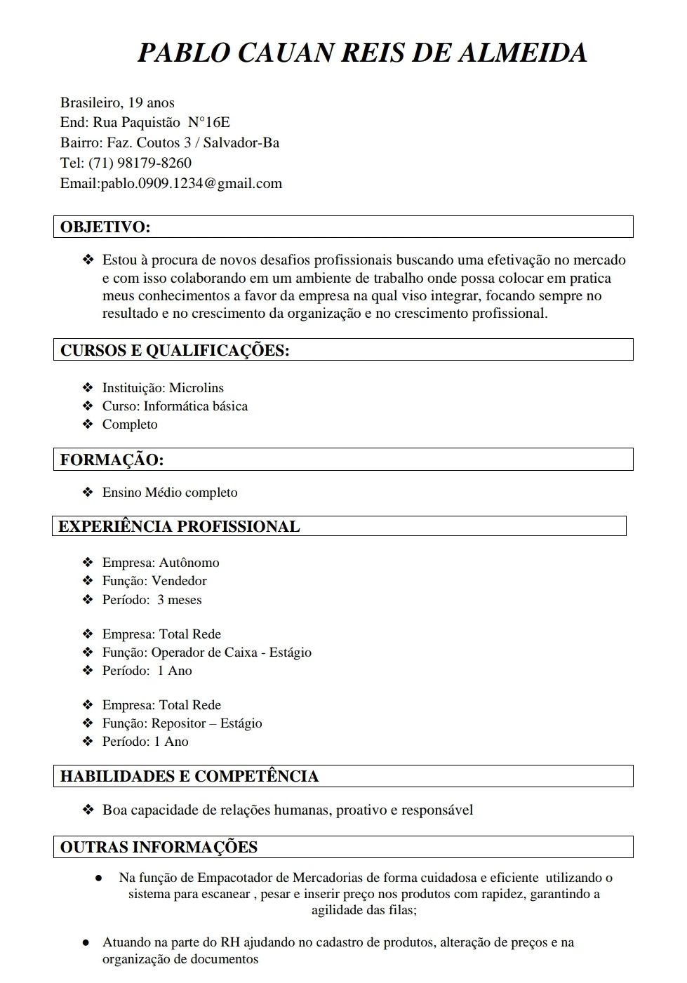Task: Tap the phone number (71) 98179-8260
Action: [x=140, y=163]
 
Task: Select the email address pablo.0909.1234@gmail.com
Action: [x=192, y=184]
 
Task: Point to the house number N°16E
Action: [x=209, y=123]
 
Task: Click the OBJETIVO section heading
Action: [x=105, y=227]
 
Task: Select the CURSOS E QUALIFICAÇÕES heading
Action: [x=175, y=351]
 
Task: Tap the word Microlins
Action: [x=196, y=388]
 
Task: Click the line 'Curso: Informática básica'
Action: [x=175, y=406]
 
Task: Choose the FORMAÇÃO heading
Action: [x=112, y=460]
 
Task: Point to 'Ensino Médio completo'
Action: [x=170, y=493]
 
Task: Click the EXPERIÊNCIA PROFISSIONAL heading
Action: [x=179, y=527]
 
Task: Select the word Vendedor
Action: [x=179, y=581]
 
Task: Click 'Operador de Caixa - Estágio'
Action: [x=232, y=653]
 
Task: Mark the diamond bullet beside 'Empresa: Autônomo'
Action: [x=88, y=563]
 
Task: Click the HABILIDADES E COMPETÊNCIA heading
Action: [x=189, y=777]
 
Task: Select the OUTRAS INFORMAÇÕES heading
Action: [x=159, y=848]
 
